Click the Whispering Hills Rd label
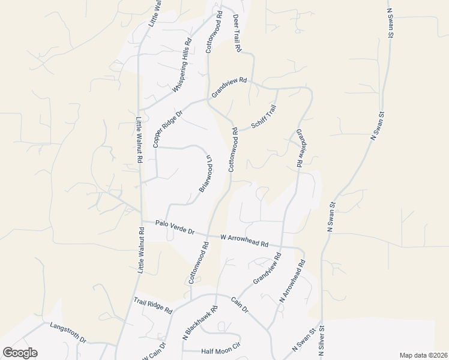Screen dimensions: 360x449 [182, 65]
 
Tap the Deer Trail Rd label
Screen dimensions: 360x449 [237, 32]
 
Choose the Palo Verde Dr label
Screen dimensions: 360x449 [175, 227]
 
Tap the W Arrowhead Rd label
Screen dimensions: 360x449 [244, 240]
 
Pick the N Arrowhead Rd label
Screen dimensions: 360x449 [293, 281]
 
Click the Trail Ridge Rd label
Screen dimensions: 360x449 [153, 307]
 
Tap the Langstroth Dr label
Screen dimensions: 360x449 [68, 331]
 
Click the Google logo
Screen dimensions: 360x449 [20, 353]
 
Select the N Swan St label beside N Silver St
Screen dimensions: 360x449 [304, 340]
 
